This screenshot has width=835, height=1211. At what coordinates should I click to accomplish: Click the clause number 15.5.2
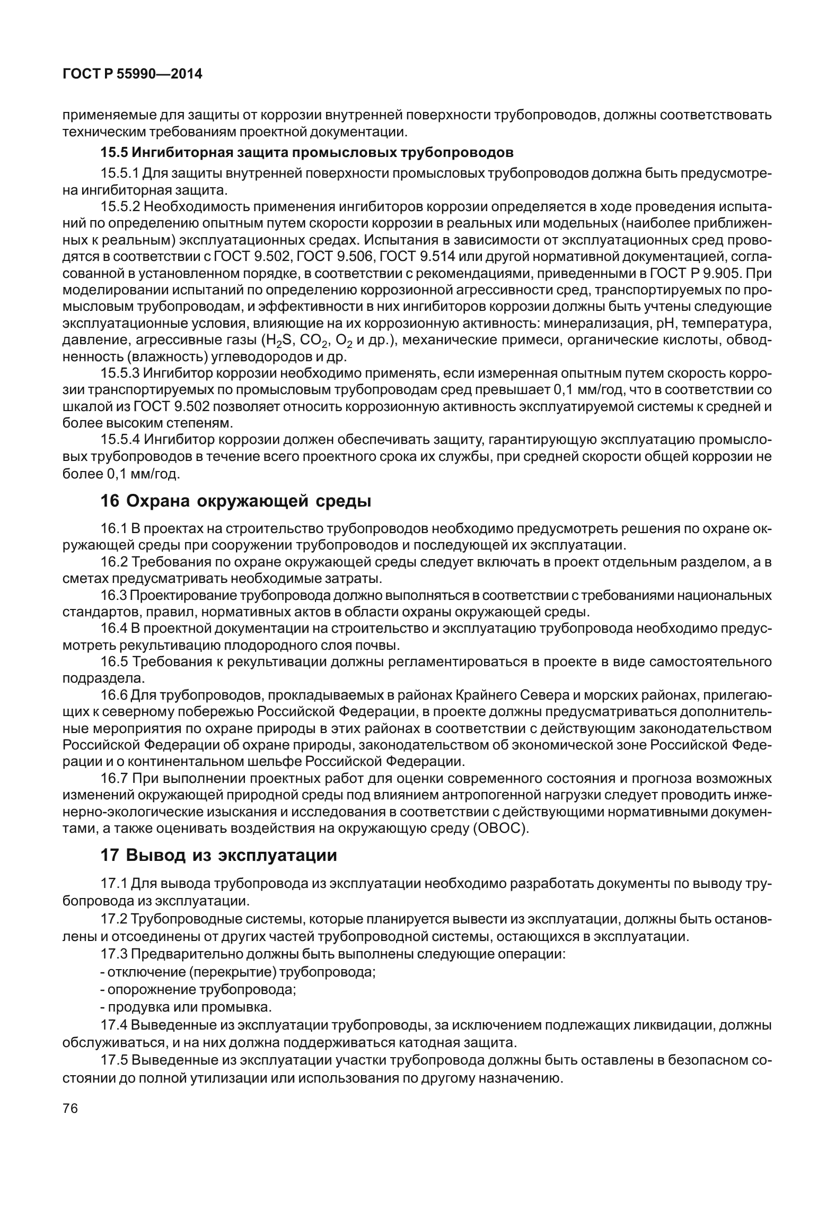tap(120, 206)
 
